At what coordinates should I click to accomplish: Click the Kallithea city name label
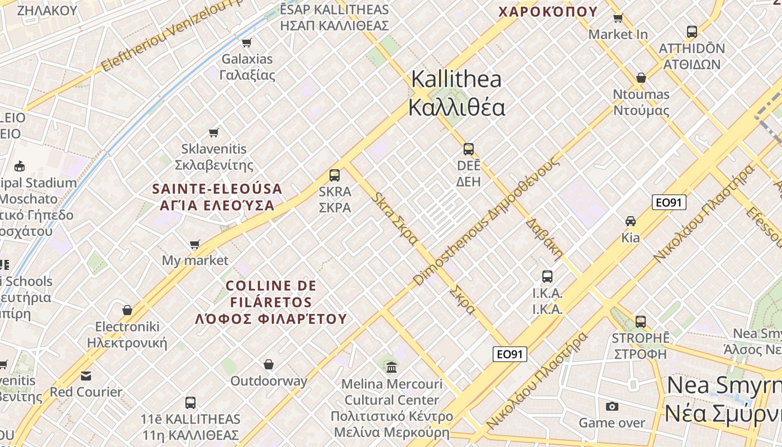[x=456, y=93]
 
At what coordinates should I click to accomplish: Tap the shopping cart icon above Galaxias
[x=246, y=42]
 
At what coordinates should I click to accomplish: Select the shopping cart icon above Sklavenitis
[x=214, y=132]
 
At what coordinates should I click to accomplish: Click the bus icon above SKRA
[x=335, y=175]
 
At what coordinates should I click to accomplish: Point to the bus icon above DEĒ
[x=469, y=149]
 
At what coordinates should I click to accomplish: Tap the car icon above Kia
[x=631, y=221]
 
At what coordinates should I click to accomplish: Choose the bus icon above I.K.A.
[x=547, y=276]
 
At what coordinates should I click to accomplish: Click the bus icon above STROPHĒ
[x=641, y=321]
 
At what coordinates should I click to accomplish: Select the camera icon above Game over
[x=612, y=406]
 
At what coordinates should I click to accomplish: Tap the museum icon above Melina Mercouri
[x=392, y=367]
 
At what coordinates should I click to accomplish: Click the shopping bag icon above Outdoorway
[x=269, y=364]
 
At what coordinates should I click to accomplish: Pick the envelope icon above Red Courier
[x=86, y=375]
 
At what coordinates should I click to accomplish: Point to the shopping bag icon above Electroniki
[x=127, y=310]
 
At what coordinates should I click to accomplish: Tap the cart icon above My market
[x=195, y=244]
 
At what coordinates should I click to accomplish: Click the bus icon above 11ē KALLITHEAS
[x=190, y=402]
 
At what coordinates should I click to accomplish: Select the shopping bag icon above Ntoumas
[x=641, y=77]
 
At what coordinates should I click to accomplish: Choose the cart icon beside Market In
[x=618, y=18]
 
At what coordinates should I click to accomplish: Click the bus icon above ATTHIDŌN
[x=692, y=31]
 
